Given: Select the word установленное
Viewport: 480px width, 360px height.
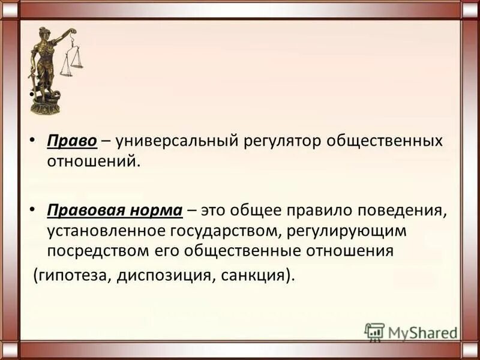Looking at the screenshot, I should (x=107, y=230).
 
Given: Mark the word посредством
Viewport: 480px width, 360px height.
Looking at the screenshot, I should (x=95, y=250).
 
